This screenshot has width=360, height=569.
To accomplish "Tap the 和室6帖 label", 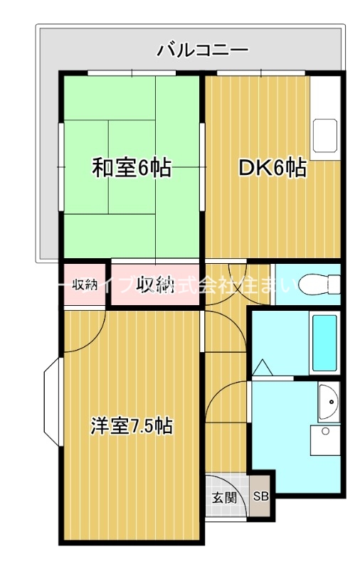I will [131, 169].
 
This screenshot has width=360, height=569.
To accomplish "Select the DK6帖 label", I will [272, 169].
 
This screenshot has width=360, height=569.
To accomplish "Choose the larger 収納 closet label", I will [156, 285].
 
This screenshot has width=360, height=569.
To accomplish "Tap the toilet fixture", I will [313, 284].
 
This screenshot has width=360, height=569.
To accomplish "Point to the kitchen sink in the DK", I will [326, 135].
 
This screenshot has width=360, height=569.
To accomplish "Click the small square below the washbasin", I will [325, 431].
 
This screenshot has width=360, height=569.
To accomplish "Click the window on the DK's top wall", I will [260, 73].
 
